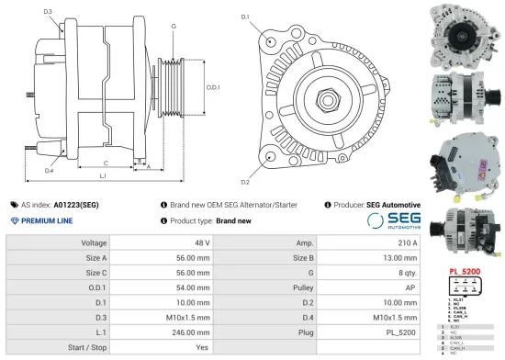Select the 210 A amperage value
pos(407,243)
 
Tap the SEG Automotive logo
pos(392,220)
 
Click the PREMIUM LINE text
pos(48,221)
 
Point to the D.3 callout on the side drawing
pos(48,12)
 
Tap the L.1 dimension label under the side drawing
pos(103,175)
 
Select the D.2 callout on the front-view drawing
pos(245,169)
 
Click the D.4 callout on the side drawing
pos(49,170)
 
